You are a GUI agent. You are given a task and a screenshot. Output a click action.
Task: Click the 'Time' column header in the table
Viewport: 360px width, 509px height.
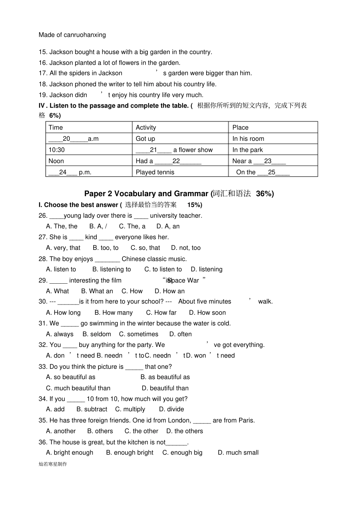click(x=56, y=128)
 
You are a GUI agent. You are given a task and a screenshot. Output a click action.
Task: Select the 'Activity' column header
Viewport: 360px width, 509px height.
click(x=146, y=128)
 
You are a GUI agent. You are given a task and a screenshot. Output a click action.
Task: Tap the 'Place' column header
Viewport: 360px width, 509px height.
click(x=240, y=128)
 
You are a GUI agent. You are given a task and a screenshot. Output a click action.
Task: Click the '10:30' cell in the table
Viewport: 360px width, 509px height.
click(x=56, y=150)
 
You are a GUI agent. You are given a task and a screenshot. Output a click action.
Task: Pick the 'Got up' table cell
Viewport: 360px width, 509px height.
click(x=145, y=139)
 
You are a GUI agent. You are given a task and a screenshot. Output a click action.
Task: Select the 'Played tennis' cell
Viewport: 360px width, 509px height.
click(x=155, y=172)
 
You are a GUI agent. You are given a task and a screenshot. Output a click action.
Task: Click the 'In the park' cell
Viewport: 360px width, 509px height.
click(x=247, y=150)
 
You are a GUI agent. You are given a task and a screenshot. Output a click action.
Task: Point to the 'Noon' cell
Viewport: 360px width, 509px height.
click(x=56, y=161)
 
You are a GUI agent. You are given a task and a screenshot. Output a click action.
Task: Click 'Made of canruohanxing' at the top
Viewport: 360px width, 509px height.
click(x=72, y=35)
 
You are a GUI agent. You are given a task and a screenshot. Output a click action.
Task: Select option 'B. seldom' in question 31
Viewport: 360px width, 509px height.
click(x=97, y=334)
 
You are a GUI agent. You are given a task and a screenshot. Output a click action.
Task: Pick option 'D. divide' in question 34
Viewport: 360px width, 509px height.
click(x=171, y=409)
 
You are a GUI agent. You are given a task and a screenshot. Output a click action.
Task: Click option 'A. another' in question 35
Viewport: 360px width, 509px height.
click(x=61, y=431)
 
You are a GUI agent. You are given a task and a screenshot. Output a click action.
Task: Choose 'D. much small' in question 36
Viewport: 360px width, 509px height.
click(x=238, y=453)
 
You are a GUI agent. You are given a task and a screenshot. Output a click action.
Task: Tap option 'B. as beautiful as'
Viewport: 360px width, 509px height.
click(x=165, y=377)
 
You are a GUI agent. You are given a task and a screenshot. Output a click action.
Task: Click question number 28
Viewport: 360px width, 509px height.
click(x=42, y=259)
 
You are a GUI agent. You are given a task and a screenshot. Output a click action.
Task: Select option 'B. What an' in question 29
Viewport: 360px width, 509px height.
click(x=97, y=291)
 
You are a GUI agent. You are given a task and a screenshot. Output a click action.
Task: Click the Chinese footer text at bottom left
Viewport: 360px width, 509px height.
click(x=53, y=464)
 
